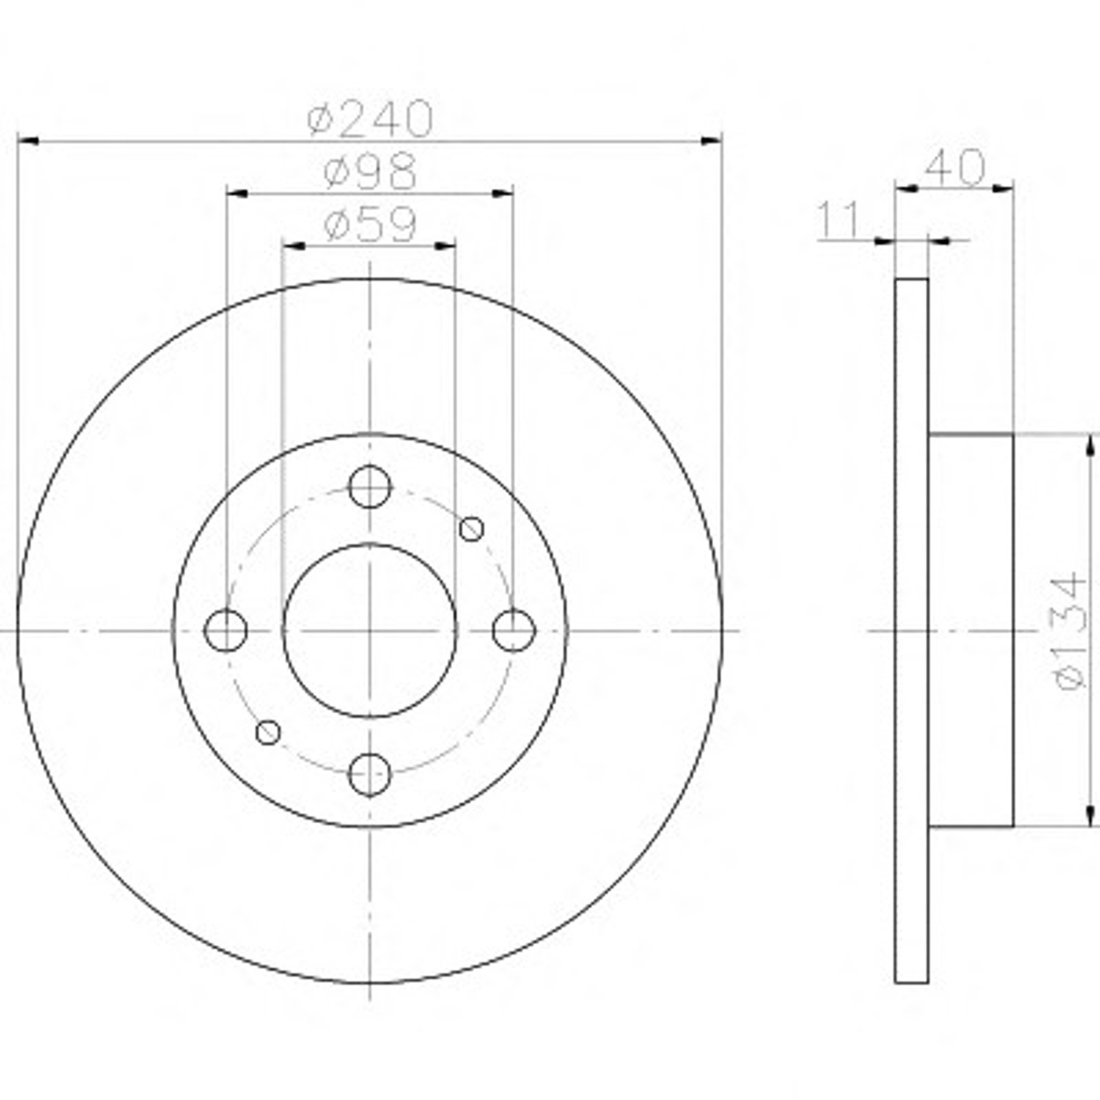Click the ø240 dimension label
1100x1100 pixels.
coord(371,118)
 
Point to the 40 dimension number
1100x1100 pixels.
coord(956,167)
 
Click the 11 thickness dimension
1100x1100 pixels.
coord(839,219)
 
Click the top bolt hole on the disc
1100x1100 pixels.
coord(370,487)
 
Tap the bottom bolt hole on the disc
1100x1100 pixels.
coord(370,775)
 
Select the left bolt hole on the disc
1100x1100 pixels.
coord(225,630)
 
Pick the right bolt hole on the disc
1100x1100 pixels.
coord(514,630)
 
